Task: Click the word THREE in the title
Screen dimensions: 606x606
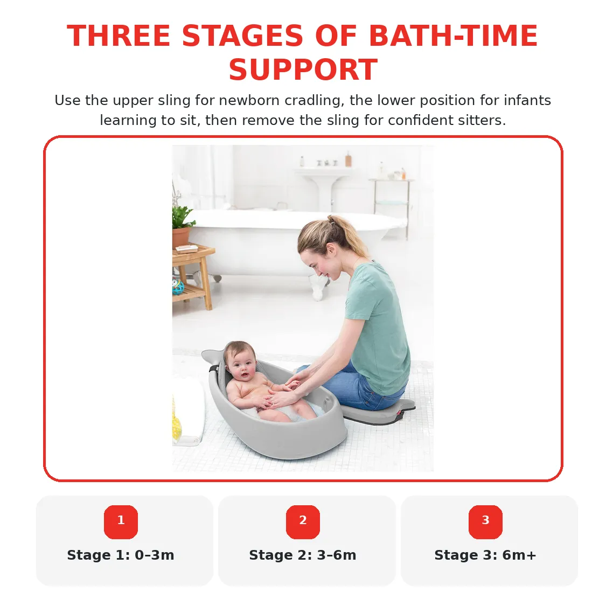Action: pyautogui.click(x=119, y=36)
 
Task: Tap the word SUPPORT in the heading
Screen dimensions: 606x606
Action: pyautogui.click(x=303, y=69)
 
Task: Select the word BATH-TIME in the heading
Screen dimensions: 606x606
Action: pyautogui.click(x=454, y=36)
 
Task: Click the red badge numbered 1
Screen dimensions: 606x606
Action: pyautogui.click(x=121, y=522)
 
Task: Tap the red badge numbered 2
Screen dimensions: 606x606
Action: pyautogui.click(x=303, y=522)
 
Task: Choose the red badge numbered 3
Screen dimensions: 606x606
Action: pyautogui.click(x=485, y=522)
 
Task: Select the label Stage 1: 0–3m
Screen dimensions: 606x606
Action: pyautogui.click(x=121, y=555)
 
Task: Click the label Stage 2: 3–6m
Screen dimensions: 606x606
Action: pyautogui.click(x=303, y=555)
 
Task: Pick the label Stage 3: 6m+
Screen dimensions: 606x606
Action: pyautogui.click(x=485, y=555)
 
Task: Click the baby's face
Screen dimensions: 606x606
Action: pyautogui.click(x=241, y=365)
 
